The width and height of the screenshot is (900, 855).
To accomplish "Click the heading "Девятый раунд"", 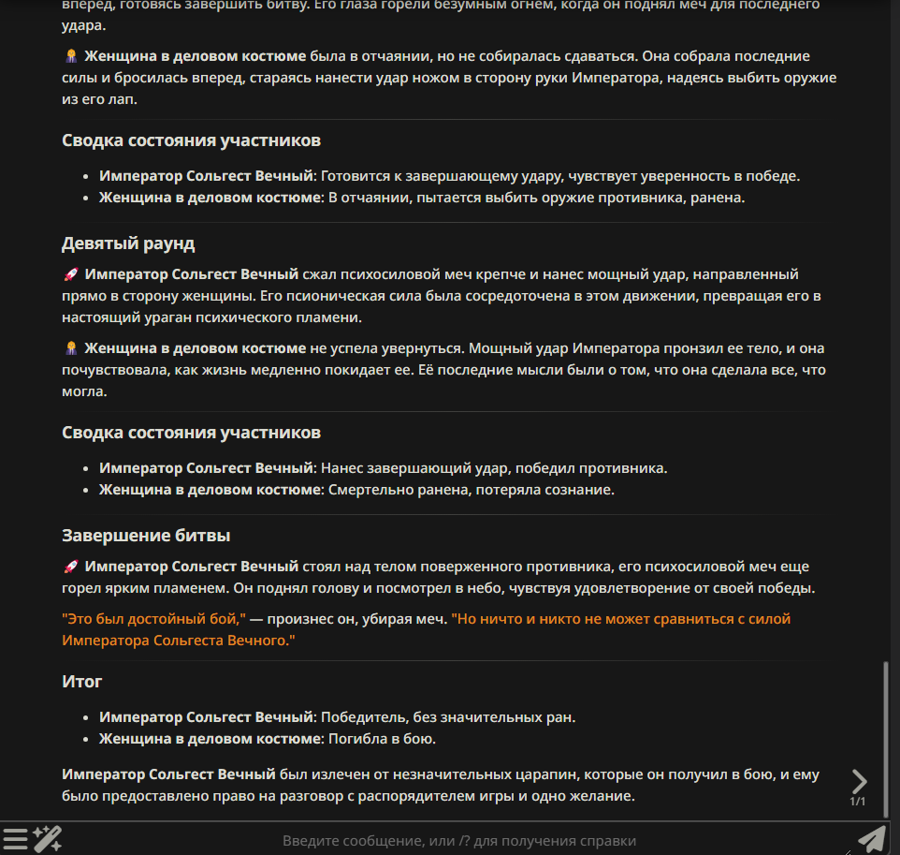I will pyautogui.click(x=128, y=243).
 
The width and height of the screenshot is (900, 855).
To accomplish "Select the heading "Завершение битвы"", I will pyautogui.click(x=146, y=536).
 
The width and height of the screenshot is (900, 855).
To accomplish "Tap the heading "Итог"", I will pyautogui.click(x=82, y=682).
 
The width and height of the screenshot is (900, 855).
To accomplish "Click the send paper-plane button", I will pyautogui.click(x=871, y=839).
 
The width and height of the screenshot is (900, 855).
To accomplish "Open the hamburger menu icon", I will pyautogui.click(x=15, y=839).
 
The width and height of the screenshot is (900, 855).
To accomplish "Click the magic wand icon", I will pyautogui.click(x=48, y=839).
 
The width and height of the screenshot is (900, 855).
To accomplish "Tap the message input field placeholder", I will pyautogui.click(x=459, y=841).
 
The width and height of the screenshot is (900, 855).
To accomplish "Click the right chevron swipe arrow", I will pyautogui.click(x=859, y=781).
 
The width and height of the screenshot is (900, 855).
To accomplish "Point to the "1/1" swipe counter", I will pyautogui.click(x=858, y=802).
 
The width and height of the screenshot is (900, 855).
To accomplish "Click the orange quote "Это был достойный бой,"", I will pyautogui.click(x=153, y=619).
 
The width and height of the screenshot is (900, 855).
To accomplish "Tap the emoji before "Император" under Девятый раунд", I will pyautogui.click(x=70, y=275).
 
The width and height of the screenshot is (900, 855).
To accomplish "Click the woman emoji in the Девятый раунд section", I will pyautogui.click(x=70, y=348).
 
